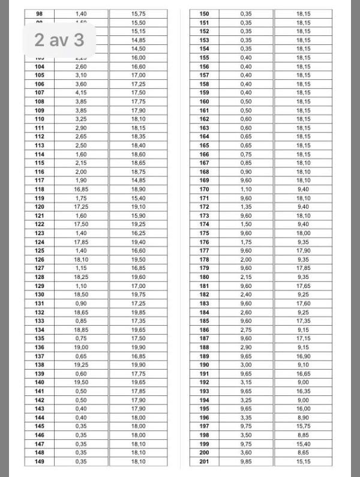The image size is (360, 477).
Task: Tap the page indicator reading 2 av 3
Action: tap(58, 40)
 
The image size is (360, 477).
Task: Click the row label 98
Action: tap(40, 14)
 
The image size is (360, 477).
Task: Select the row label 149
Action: tap(40, 461)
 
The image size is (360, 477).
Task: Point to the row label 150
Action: tap(204, 14)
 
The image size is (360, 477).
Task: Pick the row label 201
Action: tap(204, 461)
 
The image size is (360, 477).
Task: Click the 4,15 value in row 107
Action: tap(81, 93)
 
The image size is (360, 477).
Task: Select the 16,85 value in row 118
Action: tap(81, 189)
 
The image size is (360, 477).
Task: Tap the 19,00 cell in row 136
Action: tap(81, 347)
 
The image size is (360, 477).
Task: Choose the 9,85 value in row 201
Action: tap(246, 461)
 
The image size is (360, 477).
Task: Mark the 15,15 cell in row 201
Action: tap(303, 461)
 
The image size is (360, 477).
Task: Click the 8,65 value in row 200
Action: tap(303, 453)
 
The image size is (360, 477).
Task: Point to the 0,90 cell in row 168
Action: tap(246, 172)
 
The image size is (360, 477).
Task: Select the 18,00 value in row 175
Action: tap(303, 233)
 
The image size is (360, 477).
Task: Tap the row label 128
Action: tap(40, 277)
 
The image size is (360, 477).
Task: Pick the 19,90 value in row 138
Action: tap(139, 365)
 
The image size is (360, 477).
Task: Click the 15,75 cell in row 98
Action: tap(139, 14)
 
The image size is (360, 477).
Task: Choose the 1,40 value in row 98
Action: tap(81, 14)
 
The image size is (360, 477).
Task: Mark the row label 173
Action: tap(204, 216)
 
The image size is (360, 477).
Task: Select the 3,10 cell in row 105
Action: tap(81, 76)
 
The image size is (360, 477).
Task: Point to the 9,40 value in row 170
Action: tap(303, 190)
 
